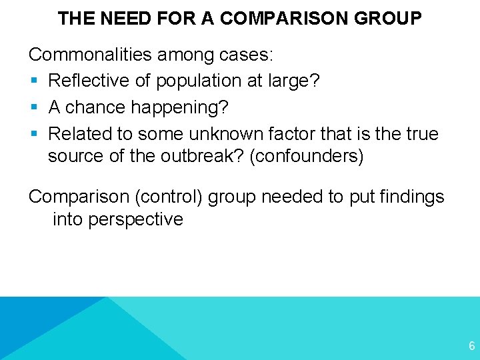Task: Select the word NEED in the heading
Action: (x=125, y=18)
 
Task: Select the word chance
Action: (x=103, y=107)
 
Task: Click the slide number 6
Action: (x=471, y=345)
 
